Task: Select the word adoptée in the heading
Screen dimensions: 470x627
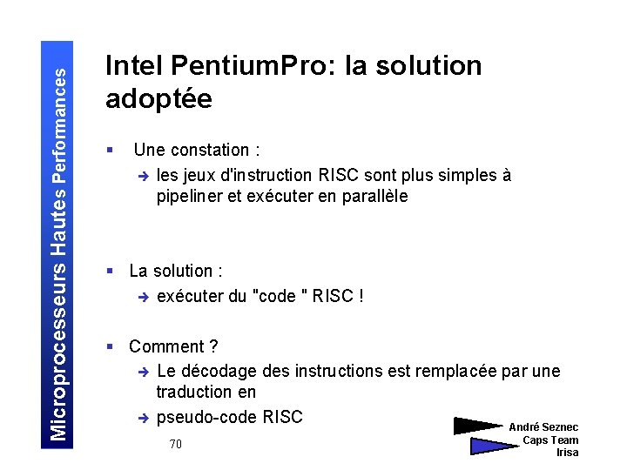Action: pos(158,99)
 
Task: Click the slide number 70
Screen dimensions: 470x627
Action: pos(175,445)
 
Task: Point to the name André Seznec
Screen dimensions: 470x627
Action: pos(543,427)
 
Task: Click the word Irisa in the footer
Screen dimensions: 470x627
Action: pos(567,453)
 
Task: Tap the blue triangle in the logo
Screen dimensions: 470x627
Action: pos(493,446)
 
